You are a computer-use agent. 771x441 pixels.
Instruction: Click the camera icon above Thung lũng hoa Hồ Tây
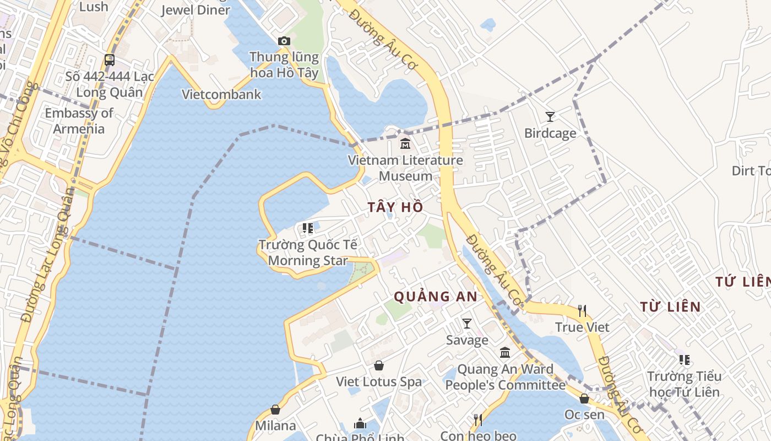[284, 41]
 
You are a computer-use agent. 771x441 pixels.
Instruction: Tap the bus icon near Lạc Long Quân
[110, 60]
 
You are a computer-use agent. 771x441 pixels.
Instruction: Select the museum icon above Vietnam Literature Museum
[405, 143]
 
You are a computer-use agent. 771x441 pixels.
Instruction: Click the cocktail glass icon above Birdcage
[550, 116]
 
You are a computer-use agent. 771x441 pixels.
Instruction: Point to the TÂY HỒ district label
[395, 207]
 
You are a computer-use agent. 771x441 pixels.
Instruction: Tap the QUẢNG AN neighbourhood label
[435, 297]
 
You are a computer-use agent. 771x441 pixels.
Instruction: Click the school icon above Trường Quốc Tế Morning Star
[308, 228]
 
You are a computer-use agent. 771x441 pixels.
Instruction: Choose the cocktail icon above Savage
[467, 324]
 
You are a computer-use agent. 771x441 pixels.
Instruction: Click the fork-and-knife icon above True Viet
[582, 311]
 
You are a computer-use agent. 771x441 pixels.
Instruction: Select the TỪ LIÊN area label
[670, 307]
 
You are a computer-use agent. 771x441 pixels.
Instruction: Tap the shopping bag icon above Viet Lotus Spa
[379, 365]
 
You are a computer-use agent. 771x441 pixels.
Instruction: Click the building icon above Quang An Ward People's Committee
[505, 353]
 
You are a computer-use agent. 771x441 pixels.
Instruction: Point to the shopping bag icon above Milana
[275, 410]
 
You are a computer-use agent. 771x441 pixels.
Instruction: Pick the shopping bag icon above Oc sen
[584, 398]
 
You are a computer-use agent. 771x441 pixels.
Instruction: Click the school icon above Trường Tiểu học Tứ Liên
[684, 360]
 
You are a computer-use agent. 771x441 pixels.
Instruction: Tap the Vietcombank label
[221, 94]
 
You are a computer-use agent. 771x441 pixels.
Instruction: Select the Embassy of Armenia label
[79, 121]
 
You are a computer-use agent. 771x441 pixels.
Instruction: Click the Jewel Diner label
[196, 10]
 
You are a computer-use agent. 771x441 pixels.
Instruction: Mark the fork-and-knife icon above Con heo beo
[478, 420]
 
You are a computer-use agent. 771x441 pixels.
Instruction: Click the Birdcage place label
[550, 133]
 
